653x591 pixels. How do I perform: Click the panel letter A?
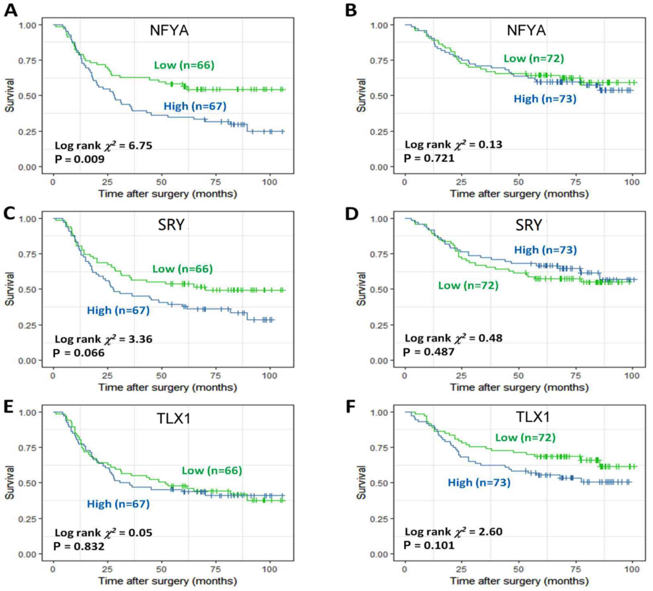pyautogui.click(x=10, y=10)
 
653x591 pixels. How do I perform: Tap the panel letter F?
pyautogui.click(x=351, y=406)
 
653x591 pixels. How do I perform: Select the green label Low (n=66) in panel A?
pyautogui.click(x=184, y=65)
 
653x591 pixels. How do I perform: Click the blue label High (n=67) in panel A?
pyautogui.click(x=195, y=106)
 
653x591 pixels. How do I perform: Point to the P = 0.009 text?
pyautogui.click(x=80, y=159)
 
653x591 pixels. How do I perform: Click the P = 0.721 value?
pyautogui.click(x=429, y=158)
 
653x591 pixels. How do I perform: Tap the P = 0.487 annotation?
pyautogui.click(x=429, y=352)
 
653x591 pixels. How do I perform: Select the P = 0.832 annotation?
pyautogui.click(x=79, y=546)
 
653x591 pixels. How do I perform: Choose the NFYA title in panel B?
pyautogui.click(x=526, y=30)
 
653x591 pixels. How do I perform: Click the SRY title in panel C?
pyautogui.click(x=171, y=225)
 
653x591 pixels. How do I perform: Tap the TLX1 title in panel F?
pyautogui.click(x=532, y=417)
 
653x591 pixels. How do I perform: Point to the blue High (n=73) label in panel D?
pyautogui.click(x=545, y=250)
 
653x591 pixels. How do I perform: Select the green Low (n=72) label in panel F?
pyautogui.click(x=525, y=438)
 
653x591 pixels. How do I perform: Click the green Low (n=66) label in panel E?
pyautogui.click(x=212, y=470)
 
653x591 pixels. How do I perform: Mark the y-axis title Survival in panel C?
pyautogui.click(x=10, y=289)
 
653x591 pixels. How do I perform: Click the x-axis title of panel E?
pyautogui.click(x=168, y=581)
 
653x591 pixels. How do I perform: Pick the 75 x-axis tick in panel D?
pyautogui.click(x=575, y=376)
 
